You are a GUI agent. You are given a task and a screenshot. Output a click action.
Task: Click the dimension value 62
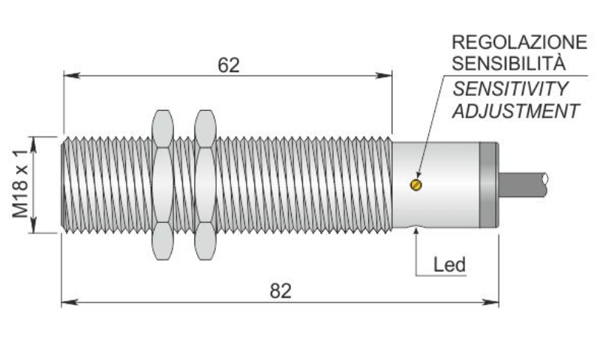(x=228, y=64)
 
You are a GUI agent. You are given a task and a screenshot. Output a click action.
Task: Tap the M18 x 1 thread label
(x=22, y=184)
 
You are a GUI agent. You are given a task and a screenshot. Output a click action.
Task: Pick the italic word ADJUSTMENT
(x=515, y=111)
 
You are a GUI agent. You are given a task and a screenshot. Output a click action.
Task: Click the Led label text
(x=450, y=265)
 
